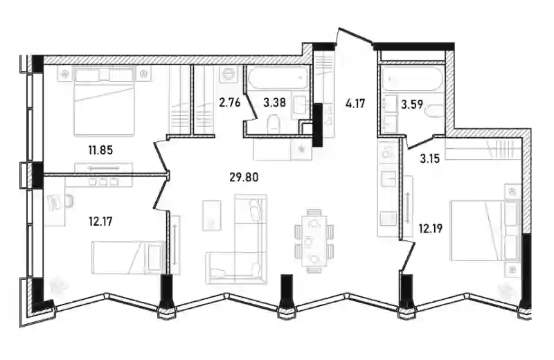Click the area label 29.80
pos(244,177)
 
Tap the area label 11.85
pos(100,150)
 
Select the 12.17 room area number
pos(100,222)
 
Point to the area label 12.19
pos(430,228)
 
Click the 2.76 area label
pos(230,102)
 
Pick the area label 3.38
pos(274,102)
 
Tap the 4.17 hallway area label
pos(355,104)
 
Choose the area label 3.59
pos(412,105)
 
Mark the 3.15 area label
pos(429,159)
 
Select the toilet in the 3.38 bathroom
pos(274,125)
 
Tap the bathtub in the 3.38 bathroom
pos(278,78)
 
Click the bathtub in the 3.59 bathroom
pos(411,79)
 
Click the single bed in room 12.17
pos(128,258)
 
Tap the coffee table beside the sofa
pos(212,215)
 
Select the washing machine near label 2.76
pos(228,74)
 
